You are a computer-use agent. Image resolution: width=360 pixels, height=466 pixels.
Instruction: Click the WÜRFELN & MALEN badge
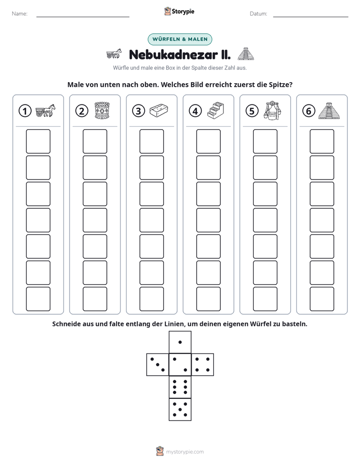(x=179, y=39)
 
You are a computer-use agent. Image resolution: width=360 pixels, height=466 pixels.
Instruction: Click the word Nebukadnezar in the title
(x=173, y=54)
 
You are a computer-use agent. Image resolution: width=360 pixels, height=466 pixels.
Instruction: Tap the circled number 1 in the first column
(x=25, y=111)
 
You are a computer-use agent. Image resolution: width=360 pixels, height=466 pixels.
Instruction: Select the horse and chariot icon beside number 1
(x=45, y=110)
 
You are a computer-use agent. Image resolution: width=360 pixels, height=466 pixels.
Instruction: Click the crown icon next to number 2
(x=102, y=110)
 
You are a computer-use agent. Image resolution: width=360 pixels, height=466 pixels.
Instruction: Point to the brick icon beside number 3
(x=159, y=110)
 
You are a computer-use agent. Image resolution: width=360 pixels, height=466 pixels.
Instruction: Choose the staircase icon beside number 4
(x=216, y=110)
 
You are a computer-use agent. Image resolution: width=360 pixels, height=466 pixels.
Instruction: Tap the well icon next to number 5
(x=272, y=110)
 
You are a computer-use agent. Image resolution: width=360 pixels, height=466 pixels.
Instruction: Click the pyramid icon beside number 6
(x=329, y=111)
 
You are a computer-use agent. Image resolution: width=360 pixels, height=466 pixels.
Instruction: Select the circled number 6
(x=309, y=111)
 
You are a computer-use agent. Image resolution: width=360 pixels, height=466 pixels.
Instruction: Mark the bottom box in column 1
(x=38, y=299)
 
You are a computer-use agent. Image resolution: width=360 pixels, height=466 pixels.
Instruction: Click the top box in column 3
(x=151, y=141)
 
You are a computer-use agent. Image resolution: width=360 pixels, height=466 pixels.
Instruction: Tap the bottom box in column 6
(x=322, y=299)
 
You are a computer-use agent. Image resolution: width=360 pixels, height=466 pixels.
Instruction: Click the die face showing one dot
(x=180, y=342)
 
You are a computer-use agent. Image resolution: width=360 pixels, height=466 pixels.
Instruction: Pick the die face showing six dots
(x=180, y=387)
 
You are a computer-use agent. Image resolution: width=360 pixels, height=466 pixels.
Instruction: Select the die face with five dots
(x=180, y=410)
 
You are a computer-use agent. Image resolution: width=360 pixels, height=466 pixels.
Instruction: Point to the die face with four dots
(x=203, y=364)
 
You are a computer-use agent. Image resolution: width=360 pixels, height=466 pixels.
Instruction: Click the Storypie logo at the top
(x=179, y=11)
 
